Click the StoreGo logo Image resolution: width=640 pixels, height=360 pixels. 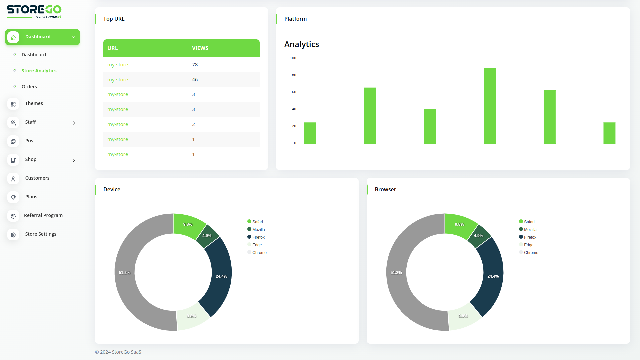tap(34, 11)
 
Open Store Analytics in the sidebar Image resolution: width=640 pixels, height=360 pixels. tap(39, 71)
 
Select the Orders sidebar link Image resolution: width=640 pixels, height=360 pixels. tap(29, 87)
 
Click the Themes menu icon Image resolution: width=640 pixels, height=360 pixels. tap(13, 104)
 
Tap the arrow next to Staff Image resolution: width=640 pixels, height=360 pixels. tap(74, 123)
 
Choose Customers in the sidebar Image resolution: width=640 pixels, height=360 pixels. tap(37, 178)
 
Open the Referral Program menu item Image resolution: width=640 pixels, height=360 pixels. tap(43, 215)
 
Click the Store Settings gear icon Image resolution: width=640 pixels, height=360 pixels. tap(13, 235)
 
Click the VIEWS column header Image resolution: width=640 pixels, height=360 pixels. tap(200, 48)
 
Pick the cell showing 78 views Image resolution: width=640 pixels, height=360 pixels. tap(195, 65)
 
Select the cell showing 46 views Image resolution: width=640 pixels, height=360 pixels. tap(195, 80)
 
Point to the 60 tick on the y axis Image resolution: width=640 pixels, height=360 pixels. tap(294, 92)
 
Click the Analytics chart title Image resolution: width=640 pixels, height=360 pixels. tap(302, 44)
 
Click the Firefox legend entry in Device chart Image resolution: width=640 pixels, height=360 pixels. tap(258, 237)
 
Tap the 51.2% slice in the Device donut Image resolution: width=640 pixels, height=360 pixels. tap(125, 273)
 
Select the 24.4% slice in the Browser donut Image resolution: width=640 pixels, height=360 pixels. tap(493, 276)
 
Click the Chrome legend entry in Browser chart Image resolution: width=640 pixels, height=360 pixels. tap(531, 253)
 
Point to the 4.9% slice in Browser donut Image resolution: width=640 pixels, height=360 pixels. tap(479, 236)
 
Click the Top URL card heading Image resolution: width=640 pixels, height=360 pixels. tap(114, 19)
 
